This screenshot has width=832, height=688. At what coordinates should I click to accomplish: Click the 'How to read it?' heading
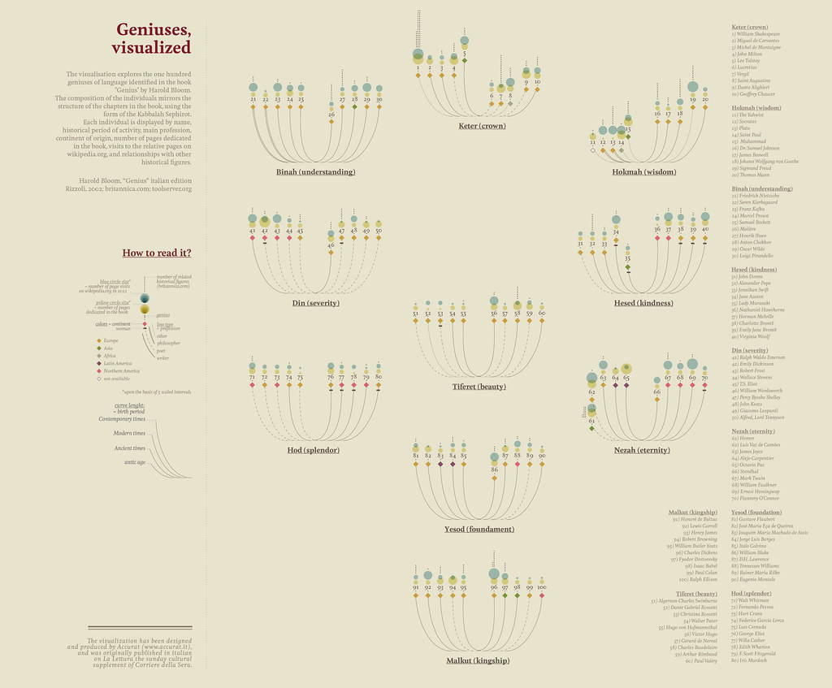[157, 253]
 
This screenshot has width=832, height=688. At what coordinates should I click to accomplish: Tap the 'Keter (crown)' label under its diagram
[481, 126]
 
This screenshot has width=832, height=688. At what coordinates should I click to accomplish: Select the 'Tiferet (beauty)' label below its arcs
[479, 387]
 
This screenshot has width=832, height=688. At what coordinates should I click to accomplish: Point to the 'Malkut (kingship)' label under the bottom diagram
[478, 661]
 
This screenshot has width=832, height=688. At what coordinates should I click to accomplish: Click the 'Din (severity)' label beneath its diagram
[315, 303]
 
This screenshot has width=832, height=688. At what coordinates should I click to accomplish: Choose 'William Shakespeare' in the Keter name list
[759, 34]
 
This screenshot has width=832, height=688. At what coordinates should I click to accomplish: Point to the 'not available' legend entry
[113, 379]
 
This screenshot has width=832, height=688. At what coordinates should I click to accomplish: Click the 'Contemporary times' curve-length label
[122, 419]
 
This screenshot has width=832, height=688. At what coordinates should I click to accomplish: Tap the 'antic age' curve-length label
[134, 462]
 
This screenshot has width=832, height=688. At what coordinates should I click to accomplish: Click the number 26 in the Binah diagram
[331, 115]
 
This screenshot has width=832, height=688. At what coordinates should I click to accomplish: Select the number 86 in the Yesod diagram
[494, 469]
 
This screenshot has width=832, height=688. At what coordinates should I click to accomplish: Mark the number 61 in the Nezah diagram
[591, 421]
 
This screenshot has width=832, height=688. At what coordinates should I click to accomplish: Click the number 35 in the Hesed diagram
[627, 257]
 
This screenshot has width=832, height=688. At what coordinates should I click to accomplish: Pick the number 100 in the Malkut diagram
[541, 586]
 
